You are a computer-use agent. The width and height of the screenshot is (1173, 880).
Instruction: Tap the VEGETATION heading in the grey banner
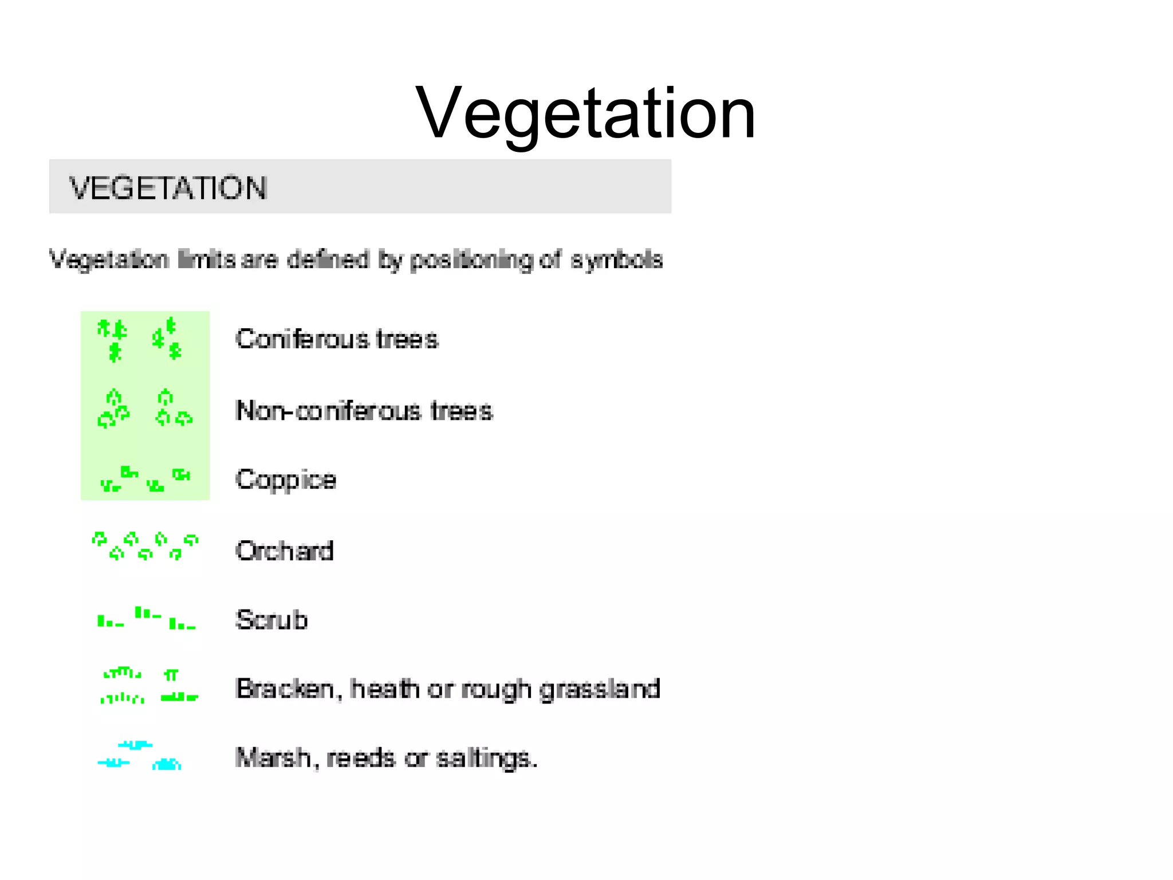168,188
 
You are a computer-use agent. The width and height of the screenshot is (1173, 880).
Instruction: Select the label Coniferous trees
337,339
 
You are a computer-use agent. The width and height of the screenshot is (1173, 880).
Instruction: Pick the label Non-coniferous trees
364,411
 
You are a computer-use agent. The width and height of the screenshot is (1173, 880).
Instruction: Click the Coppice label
285,480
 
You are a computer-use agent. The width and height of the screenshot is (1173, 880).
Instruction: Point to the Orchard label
284,551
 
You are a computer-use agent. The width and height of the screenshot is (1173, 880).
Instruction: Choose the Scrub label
271,620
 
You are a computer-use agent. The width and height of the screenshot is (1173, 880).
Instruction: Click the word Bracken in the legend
285,689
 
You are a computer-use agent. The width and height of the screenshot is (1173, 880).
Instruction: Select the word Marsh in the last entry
273,757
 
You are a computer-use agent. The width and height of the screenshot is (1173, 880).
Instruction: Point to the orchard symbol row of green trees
145,546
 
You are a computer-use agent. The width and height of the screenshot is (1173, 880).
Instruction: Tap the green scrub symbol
146,619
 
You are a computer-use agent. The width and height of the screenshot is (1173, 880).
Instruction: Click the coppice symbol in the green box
145,479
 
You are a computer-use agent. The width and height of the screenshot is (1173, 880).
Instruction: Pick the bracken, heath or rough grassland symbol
149,685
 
